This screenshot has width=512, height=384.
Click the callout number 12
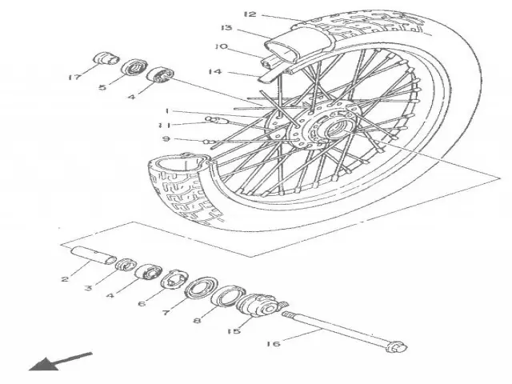coord(250,14)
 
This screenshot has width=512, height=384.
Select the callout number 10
coord(222,46)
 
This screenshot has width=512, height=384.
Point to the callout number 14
coord(214,72)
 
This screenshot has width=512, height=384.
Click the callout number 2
coord(65,280)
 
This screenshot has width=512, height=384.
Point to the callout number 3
coord(89,287)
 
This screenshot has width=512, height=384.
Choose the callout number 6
coord(142,303)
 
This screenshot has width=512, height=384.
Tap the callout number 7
coord(166,313)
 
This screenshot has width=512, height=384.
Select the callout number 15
coord(234,330)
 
